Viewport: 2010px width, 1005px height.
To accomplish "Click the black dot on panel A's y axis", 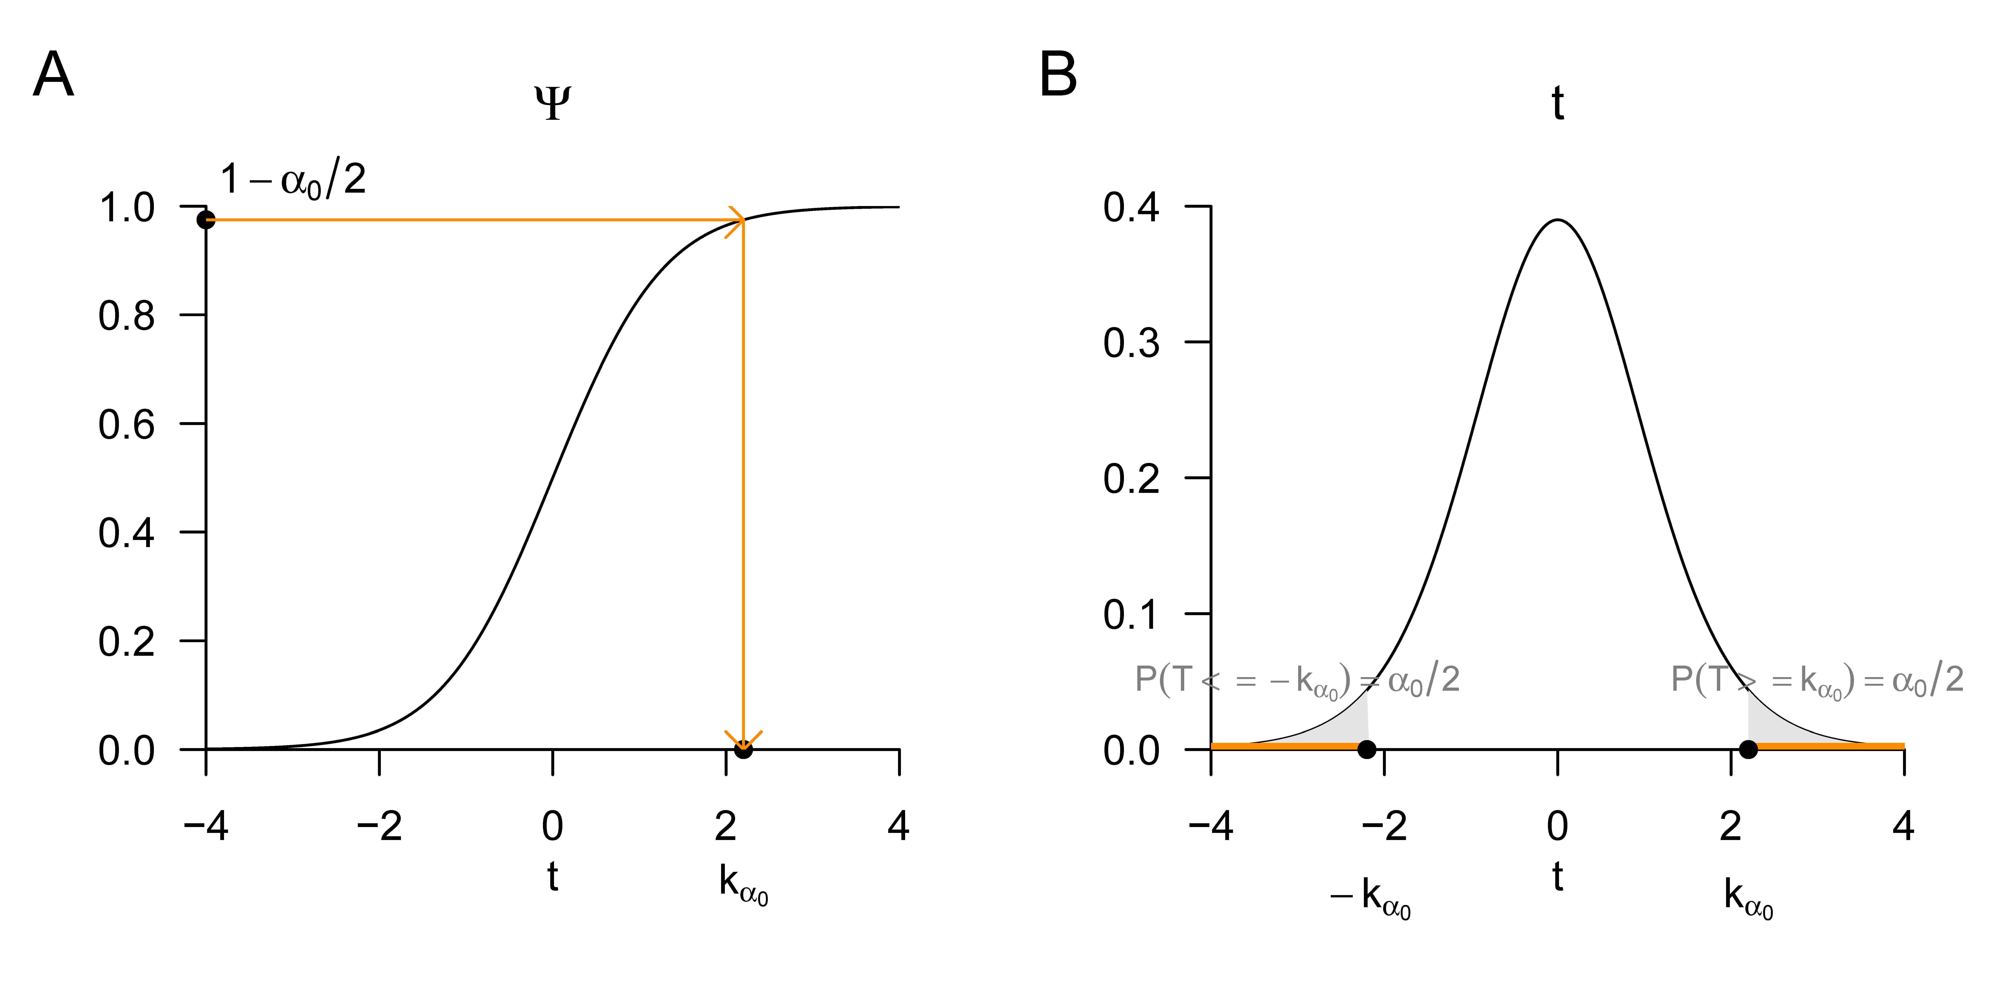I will click(x=206, y=220).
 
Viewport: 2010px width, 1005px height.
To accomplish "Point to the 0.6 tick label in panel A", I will click(x=126, y=425).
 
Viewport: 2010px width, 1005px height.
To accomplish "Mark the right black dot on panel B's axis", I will click(x=1749, y=749).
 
